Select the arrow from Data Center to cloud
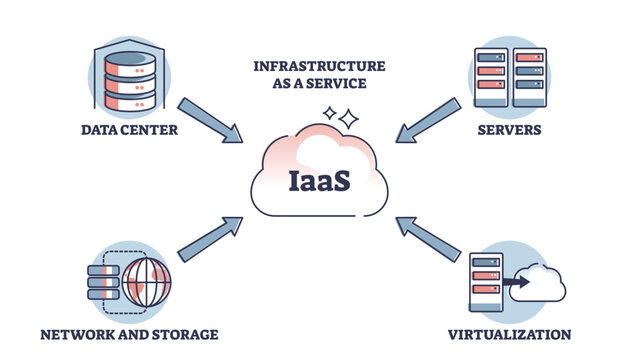click(x=209, y=118)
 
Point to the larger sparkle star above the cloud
click(x=347, y=119)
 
